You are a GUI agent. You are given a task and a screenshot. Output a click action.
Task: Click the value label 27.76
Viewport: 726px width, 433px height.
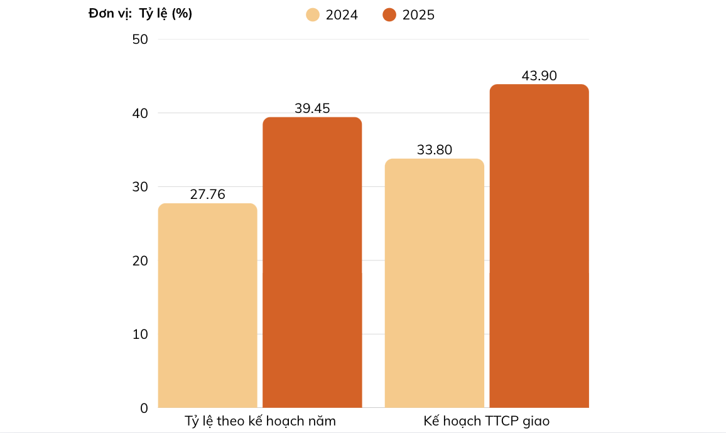[207, 195]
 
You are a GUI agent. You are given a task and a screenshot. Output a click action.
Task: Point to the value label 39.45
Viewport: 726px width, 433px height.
[312, 109]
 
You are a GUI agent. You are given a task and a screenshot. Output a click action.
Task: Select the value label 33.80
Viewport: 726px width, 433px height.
[434, 150]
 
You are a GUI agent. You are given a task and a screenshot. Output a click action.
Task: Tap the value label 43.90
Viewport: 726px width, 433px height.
[539, 76]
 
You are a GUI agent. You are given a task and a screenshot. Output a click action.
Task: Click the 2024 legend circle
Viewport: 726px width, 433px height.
[313, 14]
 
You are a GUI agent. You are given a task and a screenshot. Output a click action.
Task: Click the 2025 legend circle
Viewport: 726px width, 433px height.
[389, 14]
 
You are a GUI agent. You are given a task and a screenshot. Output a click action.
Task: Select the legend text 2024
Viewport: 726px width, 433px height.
[342, 15]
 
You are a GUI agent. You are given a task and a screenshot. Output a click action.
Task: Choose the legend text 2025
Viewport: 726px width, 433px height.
[418, 15]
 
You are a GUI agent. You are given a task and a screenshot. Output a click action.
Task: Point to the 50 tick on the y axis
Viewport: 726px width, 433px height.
[140, 40]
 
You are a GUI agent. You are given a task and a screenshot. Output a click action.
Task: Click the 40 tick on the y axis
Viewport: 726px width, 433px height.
[140, 113]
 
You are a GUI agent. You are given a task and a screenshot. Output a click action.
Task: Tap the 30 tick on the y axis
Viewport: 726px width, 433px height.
[140, 187]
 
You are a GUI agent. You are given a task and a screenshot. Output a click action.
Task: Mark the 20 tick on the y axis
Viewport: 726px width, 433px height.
[140, 260]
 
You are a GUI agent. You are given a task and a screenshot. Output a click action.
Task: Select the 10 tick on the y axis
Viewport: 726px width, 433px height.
[140, 334]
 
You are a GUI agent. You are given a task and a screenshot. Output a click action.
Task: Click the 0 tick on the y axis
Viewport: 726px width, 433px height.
[144, 408]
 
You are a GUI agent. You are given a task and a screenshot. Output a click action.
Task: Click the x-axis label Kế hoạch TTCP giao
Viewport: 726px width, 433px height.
[486, 421]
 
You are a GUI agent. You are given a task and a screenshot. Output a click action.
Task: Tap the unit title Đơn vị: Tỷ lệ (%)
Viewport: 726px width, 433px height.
[140, 14]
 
